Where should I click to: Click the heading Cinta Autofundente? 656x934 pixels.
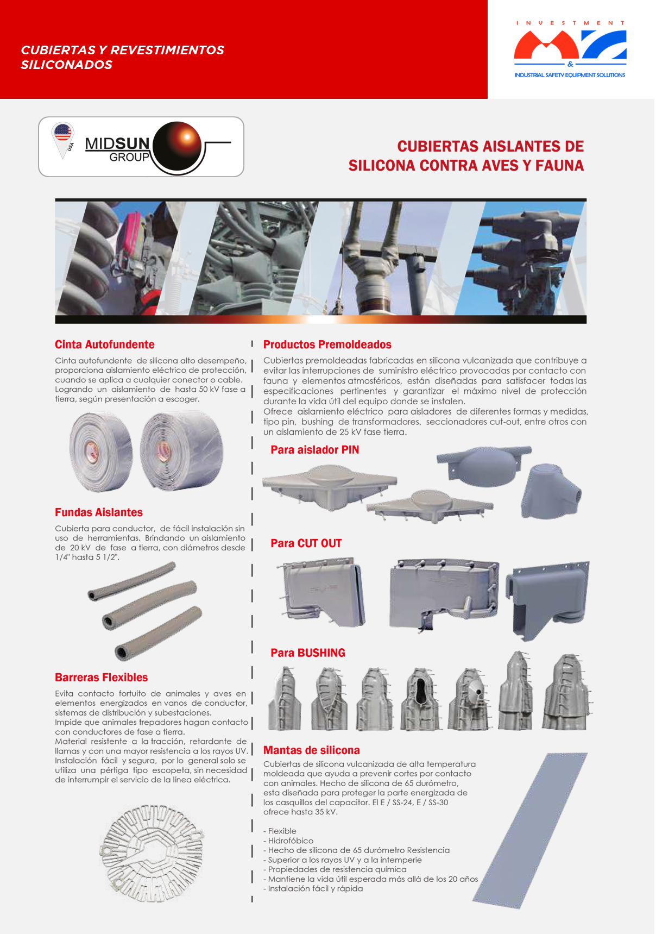(x=104, y=344)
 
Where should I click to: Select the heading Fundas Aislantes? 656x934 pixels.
(x=99, y=512)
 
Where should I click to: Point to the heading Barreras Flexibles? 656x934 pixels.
(x=101, y=678)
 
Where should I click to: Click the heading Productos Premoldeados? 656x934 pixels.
(x=327, y=344)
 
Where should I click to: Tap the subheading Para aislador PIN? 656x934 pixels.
(x=314, y=450)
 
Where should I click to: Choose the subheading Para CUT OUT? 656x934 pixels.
(x=306, y=543)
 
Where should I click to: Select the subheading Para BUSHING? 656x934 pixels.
(x=307, y=653)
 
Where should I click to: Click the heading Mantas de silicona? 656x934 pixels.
(x=311, y=750)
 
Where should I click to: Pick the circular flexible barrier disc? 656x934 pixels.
(x=152, y=853)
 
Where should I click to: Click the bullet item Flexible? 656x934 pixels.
(x=282, y=831)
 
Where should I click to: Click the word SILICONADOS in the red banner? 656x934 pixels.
(x=66, y=65)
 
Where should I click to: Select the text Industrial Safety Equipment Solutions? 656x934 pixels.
(x=570, y=75)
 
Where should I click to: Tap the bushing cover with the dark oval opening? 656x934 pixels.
(x=421, y=699)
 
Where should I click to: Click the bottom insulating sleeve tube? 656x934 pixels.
(x=158, y=635)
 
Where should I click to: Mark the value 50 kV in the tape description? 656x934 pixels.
(x=209, y=390)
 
